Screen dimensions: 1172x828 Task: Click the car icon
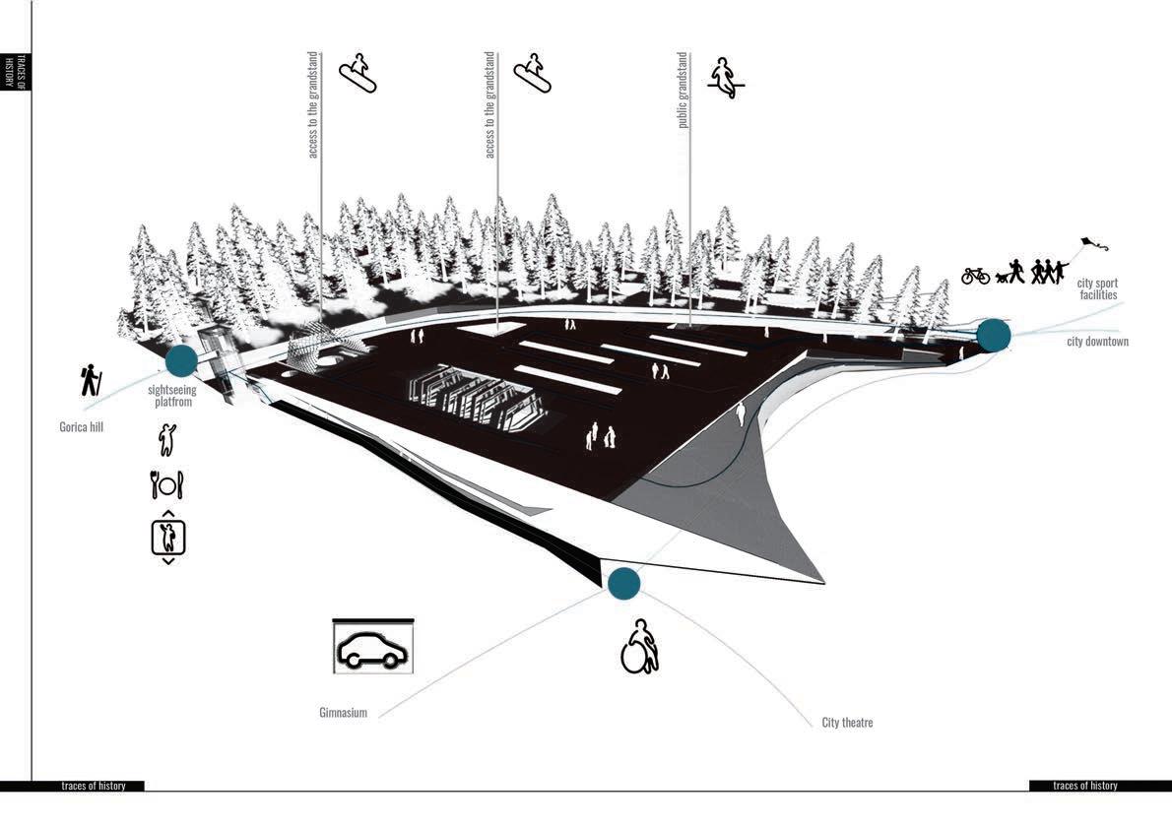[x=373, y=648]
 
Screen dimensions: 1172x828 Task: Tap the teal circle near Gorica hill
[x=181, y=360]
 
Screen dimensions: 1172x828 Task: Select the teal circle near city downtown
[x=994, y=335]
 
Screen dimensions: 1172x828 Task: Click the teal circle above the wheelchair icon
[x=623, y=584]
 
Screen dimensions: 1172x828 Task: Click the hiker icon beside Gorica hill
[x=91, y=380]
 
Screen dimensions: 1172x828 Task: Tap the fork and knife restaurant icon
[x=166, y=484]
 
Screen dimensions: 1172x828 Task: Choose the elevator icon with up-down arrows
[x=167, y=537]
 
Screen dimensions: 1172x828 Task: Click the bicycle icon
[x=975, y=276]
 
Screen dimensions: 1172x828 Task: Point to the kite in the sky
[x=1088, y=242]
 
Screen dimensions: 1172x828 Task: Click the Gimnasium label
[x=343, y=712]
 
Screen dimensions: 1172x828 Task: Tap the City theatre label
[x=847, y=723]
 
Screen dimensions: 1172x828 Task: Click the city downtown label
[x=1097, y=342]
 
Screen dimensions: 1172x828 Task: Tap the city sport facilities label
[x=1097, y=288]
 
